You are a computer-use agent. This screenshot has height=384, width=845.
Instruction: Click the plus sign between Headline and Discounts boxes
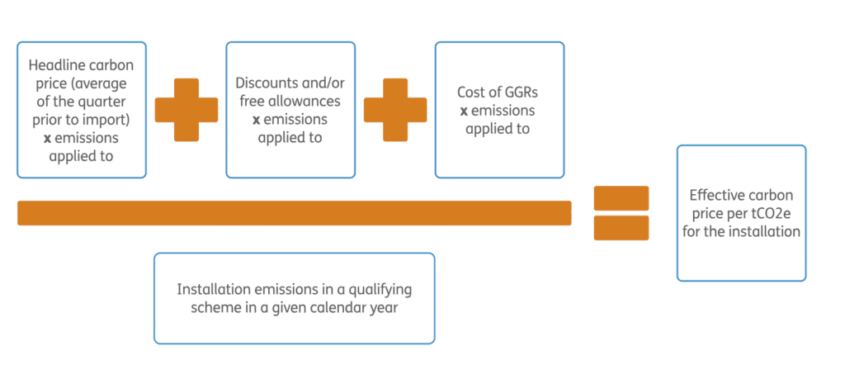coord(186,110)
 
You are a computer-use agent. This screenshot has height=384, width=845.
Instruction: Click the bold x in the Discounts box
coord(256,120)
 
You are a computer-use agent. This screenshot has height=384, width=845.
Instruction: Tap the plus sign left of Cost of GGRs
coord(395,110)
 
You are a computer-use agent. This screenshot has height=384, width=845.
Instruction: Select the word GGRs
coord(519,92)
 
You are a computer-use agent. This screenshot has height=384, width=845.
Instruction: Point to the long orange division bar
coord(294,213)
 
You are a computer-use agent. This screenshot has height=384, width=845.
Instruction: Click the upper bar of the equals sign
coord(621,198)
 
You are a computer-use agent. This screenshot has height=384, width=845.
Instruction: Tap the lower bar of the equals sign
coord(621,228)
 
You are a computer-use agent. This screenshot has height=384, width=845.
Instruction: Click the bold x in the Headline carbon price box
coord(47,138)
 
